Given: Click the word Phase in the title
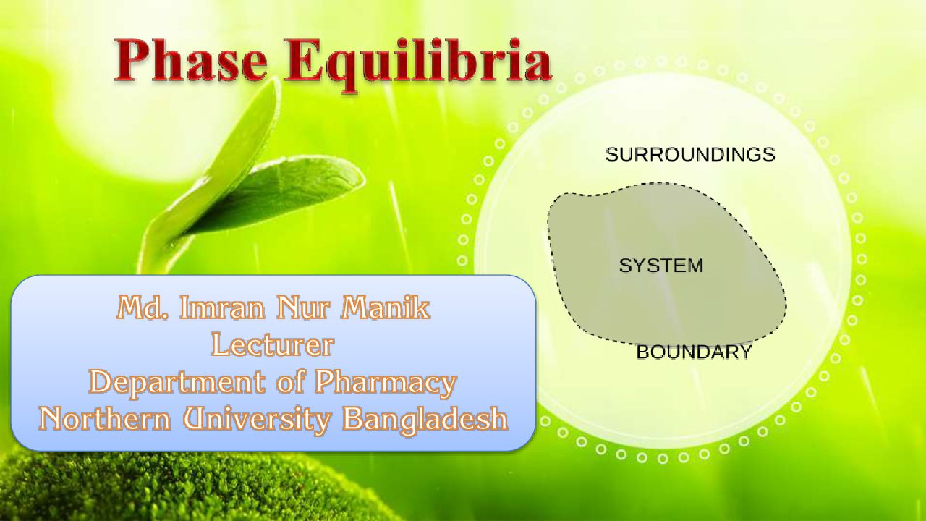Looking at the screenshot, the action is tap(190, 60).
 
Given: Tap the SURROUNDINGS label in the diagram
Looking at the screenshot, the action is tap(690, 155).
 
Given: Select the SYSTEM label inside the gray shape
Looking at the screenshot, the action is tap(661, 265).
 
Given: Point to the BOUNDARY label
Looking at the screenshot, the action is tap(694, 352).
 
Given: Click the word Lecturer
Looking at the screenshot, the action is tap(273, 345).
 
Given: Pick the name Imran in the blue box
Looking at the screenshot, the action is tap(221, 308).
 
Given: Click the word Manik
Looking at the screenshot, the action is tap(386, 308).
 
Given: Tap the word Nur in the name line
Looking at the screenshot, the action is tap(302, 308).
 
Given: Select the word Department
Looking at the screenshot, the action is tap(177, 383).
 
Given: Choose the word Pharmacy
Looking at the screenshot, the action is tap(386, 383).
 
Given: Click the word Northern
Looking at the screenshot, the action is tap(105, 418).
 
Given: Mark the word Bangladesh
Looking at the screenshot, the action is tap(425, 419).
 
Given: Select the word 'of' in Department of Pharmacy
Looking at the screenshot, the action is tap(289, 382).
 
